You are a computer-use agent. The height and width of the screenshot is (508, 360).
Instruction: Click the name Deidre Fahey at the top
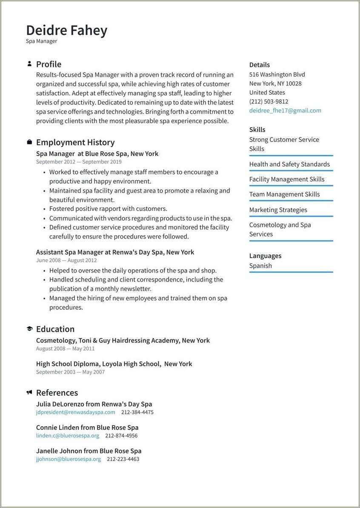(66, 30)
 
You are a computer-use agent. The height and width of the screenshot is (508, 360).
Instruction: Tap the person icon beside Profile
(29, 64)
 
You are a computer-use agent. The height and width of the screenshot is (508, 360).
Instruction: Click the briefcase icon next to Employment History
(29, 142)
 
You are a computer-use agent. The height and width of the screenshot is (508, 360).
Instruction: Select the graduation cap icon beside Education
(29, 329)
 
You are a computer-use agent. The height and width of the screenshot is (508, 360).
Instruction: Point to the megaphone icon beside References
(29, 392)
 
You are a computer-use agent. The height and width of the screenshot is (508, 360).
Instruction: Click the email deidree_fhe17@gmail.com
(285, 110)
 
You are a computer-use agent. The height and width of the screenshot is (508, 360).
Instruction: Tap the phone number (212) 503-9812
(269, 101)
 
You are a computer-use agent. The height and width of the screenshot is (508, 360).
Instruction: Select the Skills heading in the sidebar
(257, 129)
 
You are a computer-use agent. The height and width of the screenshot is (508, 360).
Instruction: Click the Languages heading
(265, 255)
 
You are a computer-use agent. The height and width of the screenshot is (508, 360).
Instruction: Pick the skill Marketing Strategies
(278, 210)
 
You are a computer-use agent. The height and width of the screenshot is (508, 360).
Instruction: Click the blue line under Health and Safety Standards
(291, 171)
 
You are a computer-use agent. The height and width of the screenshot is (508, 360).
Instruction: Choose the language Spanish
(260, 265)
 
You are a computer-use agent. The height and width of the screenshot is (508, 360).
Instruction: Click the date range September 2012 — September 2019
(79, 162)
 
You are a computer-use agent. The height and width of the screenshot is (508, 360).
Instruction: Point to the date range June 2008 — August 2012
(66, 260)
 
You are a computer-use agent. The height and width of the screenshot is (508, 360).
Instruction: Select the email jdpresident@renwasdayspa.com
(75, 412)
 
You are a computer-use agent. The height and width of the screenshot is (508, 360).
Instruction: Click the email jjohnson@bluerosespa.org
(69, 459)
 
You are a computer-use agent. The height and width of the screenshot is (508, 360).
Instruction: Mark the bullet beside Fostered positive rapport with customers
(45, 209)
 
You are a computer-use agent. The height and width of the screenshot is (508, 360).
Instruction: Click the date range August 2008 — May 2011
(65, 348)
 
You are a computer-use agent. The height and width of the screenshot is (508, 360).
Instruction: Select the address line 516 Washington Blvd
(277, 75)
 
